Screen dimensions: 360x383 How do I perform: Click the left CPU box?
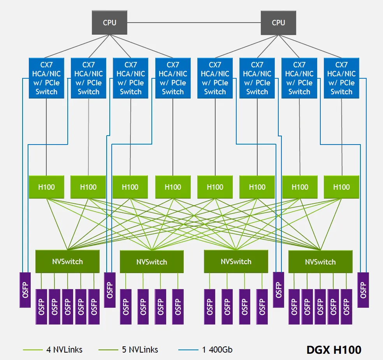pyautogui.click(x=109, y=22)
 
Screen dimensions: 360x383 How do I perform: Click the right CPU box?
pyautogui.click(x=278, y=22)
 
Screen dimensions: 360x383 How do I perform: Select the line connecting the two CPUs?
pyautogui.click(x=194, y=23)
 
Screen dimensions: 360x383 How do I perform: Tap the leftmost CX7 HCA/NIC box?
pyautogui.click(x=46, y=78)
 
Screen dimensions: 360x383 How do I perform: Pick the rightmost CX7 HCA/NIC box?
pyautogui.click(x=341, y=78)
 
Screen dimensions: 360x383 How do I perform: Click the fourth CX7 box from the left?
pyautogui.click(x=173, y=78)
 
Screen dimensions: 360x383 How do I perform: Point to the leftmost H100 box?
pyautogui.click(x=46, y=187)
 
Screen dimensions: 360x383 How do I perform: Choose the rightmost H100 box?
pyautogui.click(x=341, y=187)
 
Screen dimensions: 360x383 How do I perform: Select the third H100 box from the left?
pyautogui.click(x=130, y=187)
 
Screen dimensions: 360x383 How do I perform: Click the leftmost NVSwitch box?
pyautogui.click(x=67, y=261)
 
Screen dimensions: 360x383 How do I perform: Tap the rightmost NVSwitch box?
pyautogui.click(x=320, y=261)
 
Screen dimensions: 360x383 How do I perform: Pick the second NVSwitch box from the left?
pyautogui.click(x=151, y=261)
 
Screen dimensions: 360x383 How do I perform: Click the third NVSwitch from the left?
pyautogui.click(x=236, y=261)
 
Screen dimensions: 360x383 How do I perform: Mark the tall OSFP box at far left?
pyautogui.click(x=25, y=290)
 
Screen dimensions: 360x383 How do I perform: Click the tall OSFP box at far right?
pyautogui.click(x=363, y=290)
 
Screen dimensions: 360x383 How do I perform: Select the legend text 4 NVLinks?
pyautogui.click(x=64, y=349)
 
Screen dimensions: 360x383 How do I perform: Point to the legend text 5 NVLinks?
pyautogui.click(x=140, y=349)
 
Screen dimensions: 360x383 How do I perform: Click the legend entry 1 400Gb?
pyautogui.click(x=217, y=349)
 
